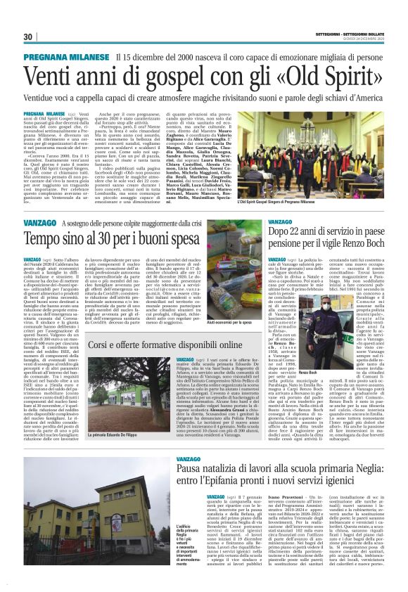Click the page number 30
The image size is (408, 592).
click(x=28, y=37)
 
